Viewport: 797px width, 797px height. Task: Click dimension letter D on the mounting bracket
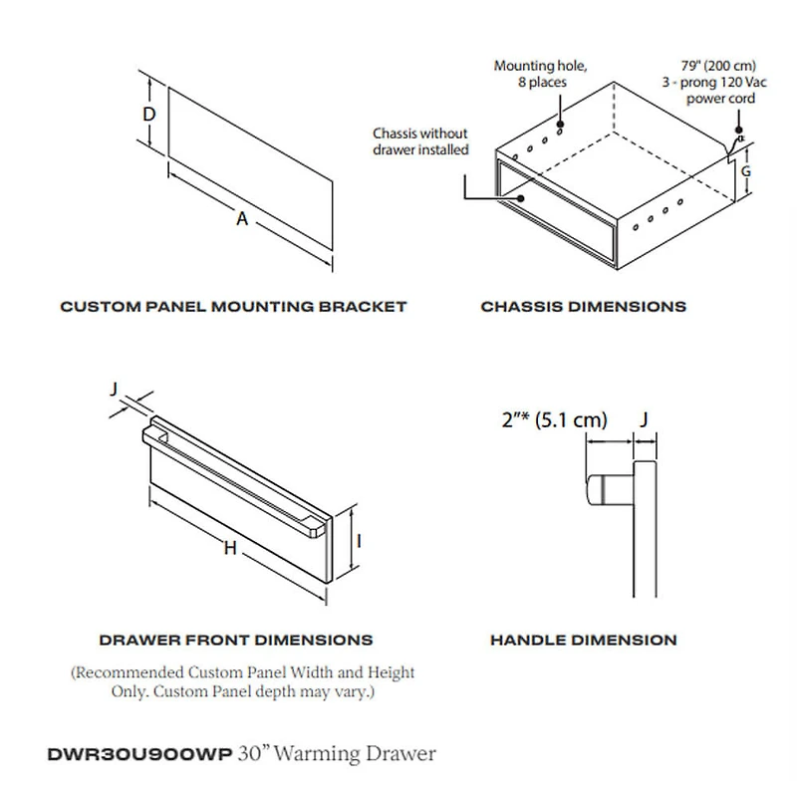[148, 115]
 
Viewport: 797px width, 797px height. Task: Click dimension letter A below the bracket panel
[241, 220]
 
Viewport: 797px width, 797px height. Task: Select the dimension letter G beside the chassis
[745, 170]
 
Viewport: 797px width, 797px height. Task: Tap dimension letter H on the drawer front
[229, 548]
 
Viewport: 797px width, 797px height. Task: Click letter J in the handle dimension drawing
[644, 420]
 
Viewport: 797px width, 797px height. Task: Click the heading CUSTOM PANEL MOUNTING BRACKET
[233, 306]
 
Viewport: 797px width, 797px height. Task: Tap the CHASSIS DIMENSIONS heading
[583, 306]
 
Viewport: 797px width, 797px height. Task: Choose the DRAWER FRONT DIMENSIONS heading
[236, 640]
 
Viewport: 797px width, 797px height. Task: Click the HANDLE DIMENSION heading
[583, 640]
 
